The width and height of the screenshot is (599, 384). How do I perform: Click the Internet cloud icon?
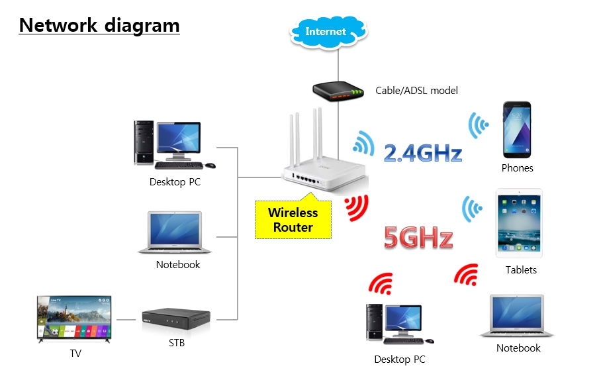point(328,32)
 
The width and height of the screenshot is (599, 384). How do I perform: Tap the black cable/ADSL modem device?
point(338,91)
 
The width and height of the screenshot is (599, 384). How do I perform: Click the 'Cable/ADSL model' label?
point(416,91)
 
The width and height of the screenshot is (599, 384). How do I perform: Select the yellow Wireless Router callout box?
point(293,219)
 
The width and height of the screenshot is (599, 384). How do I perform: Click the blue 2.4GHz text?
point(423,153)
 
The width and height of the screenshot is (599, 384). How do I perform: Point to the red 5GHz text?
point(418,237)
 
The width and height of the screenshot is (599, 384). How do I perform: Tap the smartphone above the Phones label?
point(517,130)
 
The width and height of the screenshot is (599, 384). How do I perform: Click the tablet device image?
point(519,223)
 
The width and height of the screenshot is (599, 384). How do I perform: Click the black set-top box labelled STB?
point(176,318)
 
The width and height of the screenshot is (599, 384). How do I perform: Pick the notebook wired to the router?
point(175,232)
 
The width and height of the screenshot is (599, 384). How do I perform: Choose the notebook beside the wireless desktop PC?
point(516,316)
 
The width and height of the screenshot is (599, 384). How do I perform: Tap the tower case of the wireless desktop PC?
point(375,322)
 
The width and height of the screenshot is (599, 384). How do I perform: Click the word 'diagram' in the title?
point(142,26)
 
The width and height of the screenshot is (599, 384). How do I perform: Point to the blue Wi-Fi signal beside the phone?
point(477,125)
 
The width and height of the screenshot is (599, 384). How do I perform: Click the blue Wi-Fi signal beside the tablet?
point(471,209)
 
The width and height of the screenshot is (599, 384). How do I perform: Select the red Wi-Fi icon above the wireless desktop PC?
point(381,284)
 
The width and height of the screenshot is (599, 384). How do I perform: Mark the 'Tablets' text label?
point(521,269)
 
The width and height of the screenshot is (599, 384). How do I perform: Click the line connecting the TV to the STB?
point(126,319)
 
